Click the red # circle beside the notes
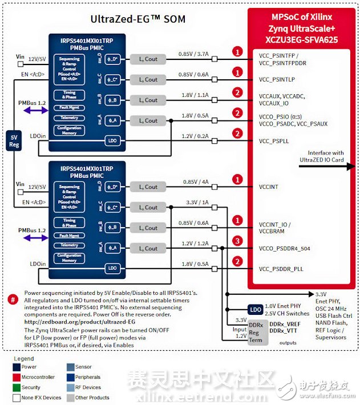tap(13, 299)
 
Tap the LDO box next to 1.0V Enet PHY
tap(256, 309)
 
